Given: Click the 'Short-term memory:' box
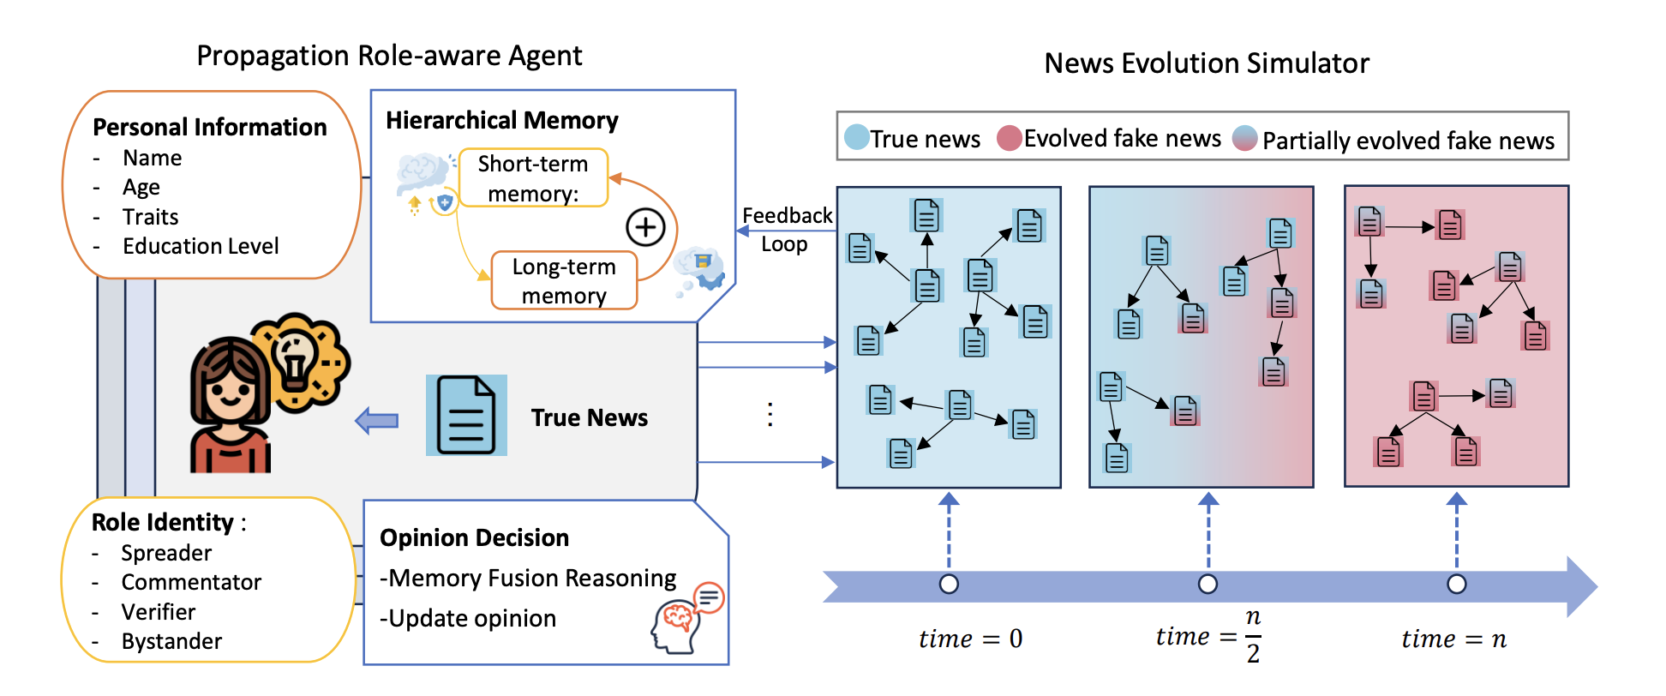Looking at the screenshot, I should [533, 178].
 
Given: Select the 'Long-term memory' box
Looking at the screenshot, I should [564, 280].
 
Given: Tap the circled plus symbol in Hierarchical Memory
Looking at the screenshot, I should [645, 227].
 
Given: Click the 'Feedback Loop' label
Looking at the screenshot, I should [786, 229].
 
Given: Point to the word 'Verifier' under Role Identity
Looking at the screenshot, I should [159, 612].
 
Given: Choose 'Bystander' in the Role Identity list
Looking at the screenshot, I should [171, 641].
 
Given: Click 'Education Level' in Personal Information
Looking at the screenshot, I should [201, 246].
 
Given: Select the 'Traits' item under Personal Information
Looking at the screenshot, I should [151, 217].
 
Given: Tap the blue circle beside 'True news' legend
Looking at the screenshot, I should [856, 137].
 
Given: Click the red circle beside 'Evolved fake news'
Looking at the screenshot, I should [1010, 138].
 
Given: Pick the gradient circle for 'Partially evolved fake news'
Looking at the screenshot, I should [1244, 138].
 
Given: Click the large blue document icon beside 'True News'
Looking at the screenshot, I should [466, 416].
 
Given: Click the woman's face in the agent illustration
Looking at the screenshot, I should [229, 393].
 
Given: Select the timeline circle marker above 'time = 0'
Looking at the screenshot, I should [949, 584].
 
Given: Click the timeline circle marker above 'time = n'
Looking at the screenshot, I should [1456, 584].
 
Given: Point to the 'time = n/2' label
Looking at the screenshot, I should [1208, 637].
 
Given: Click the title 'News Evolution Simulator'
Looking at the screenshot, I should [1207, 63].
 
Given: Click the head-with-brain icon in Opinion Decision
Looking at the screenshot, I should [677, 625].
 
